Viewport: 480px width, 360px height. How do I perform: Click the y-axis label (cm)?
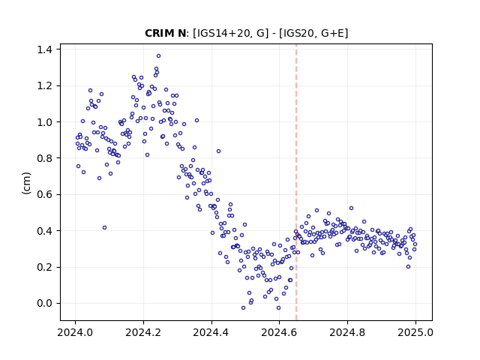tap(27, 183)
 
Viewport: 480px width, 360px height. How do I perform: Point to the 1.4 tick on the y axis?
tap(44, 49)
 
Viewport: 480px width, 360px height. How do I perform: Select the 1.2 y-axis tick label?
tap(44, 85)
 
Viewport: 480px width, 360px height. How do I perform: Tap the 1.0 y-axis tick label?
tap(44, 121)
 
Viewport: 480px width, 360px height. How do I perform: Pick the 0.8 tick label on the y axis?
tap(44, 158)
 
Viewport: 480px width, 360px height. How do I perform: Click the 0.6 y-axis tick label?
tap(44, 194)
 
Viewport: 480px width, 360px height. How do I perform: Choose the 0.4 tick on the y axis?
tap(44, 231)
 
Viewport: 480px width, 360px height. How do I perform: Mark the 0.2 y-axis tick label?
tap(44, 267)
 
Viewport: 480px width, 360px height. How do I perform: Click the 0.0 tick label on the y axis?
tap(44, 303)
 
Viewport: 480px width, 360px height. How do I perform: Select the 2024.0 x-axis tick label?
tap(75, 332)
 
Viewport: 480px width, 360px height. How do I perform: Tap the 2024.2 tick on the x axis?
tap(143, 332)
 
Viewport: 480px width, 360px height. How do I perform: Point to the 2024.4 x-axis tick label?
tap(211, 332)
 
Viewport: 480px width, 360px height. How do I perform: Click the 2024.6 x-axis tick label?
tap(279, 332)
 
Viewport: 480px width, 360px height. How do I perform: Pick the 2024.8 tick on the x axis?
tap(347, 332)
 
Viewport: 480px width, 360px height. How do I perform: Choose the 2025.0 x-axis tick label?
tap(415, 332)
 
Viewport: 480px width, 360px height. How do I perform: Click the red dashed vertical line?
tap(296, 182)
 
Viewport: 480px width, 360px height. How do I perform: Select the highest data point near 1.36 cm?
tap(158, 56)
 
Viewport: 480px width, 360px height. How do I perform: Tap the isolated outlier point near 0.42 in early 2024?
tap(105, 228)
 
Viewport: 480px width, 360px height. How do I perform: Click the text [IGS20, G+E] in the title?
tap(313, 33)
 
